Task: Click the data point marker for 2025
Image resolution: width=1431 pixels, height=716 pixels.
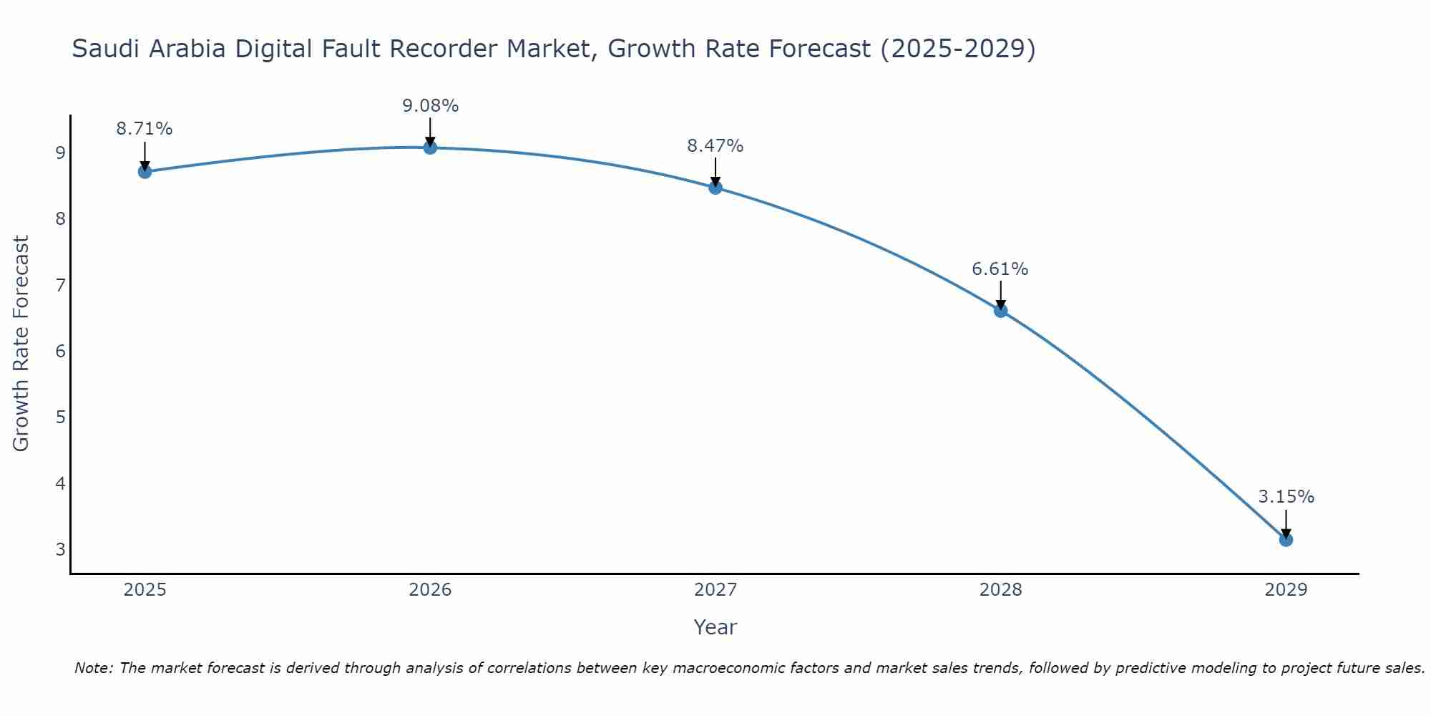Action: tap(145, 172)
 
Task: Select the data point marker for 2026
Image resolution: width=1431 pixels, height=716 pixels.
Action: tap(430, 147)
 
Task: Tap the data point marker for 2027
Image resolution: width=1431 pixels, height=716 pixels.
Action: tap(715, 188)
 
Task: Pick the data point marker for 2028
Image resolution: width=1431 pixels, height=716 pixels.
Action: tap(1001, 311)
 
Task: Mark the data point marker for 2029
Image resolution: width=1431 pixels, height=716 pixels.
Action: tap(1286, 540)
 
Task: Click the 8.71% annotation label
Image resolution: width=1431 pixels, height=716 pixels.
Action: tap(145, 129)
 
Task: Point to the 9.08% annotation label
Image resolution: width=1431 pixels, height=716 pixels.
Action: tap(430, 106)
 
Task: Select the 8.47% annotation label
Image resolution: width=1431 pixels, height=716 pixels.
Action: tap(715, 146)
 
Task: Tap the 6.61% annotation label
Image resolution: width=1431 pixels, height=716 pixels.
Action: tap(1000, 269)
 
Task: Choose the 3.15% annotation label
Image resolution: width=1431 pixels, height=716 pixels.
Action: tap(1286, 497)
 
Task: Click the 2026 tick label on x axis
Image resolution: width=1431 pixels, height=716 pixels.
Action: tap(430, 590)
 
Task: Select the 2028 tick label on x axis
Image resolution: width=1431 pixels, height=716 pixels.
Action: tap(1001, 590)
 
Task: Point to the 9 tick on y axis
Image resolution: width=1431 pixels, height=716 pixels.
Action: tap(61, 153)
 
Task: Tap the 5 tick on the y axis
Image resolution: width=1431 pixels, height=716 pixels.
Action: tap(61, 417)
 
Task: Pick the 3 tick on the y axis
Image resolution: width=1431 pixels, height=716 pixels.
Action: tap(61, 550)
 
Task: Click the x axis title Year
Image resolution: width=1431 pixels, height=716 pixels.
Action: tap(715, 627)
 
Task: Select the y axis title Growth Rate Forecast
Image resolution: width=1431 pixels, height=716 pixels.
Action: tap(21, 344)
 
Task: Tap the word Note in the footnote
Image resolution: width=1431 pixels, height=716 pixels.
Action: tap(93, 668)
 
